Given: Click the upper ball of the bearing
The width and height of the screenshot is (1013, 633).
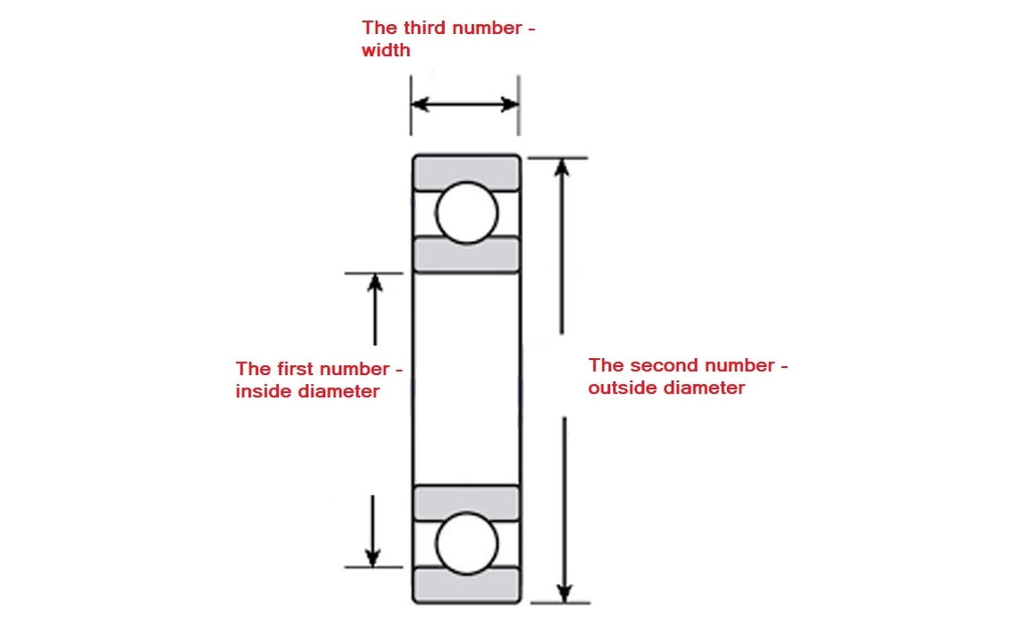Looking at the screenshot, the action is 466,212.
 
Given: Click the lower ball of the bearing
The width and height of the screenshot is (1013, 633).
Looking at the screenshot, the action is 466,543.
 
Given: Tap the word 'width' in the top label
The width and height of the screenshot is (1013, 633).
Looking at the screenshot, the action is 386,50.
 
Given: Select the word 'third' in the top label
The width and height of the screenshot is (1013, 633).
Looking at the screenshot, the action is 425,28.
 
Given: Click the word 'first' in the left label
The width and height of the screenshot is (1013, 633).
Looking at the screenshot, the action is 292,369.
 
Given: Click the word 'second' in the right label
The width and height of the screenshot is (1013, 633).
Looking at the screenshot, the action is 666,365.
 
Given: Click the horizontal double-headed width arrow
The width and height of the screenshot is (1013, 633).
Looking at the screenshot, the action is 465,104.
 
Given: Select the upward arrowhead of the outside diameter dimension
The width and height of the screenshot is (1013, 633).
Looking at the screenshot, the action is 562,168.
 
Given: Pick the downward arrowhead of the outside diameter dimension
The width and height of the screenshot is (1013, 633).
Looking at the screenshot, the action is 564,593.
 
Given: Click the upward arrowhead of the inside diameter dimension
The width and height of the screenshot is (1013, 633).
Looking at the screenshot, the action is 375,283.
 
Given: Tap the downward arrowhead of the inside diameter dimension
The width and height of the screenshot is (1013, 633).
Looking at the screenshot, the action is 373,557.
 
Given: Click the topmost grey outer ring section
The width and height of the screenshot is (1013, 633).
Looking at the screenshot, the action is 466,172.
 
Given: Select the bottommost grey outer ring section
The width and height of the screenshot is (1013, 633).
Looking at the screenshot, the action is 466,585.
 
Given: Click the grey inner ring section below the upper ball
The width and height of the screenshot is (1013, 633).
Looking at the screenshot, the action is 466,254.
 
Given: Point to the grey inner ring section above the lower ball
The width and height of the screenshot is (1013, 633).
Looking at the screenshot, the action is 466,503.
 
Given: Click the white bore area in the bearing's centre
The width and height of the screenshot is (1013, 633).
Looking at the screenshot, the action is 466,379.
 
